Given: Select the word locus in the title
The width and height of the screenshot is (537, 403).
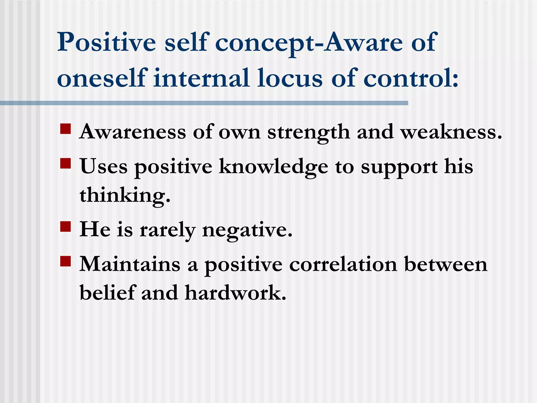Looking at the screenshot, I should (x=289, y=78).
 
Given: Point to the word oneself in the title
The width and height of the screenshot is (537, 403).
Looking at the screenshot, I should (x=101, y=78).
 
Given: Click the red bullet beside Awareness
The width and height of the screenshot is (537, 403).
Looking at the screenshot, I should (x=66, y=129).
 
